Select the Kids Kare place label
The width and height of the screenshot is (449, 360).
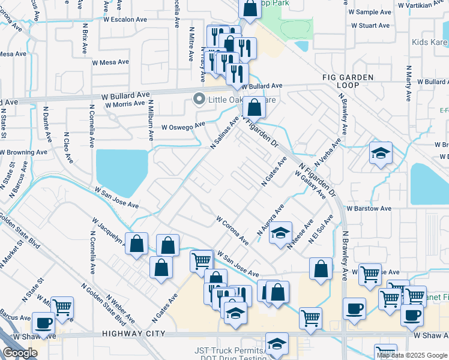point(430,43)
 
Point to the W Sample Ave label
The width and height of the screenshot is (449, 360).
point(367,11)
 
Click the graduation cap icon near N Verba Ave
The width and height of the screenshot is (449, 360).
point(381,154)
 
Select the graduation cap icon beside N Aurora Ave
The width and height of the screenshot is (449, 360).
point(280,233)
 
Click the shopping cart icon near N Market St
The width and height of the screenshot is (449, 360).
point(62,307)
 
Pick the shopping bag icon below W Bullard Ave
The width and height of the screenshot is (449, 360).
point(255,109)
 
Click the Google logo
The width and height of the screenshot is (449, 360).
point(20,353)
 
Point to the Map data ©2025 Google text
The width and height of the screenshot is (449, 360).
point(411,355)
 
